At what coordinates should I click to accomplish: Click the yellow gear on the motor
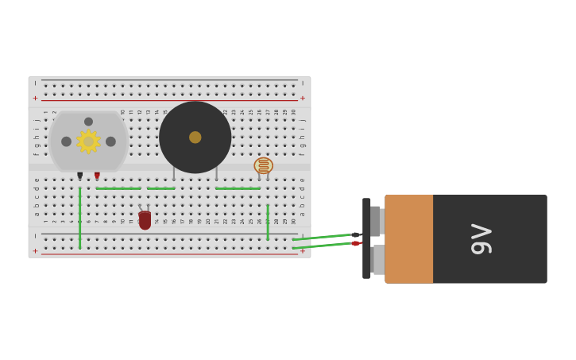click(x=88, y=141)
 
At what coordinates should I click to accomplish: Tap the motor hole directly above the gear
click(x=88, y=122)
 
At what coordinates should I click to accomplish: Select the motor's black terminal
click(x=79, y=175)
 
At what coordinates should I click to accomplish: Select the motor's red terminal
click(x=97, y=175)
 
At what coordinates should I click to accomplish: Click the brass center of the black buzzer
click(x=195, y=137)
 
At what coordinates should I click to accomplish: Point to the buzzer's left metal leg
click(x=174, y=173)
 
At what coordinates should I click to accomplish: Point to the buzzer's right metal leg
click(x=216, y=173)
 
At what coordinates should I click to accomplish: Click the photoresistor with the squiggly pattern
click(x=263, y=165)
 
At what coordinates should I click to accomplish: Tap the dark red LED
click(x=145, y=220)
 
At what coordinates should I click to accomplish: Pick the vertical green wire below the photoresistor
click(x=268, y=223)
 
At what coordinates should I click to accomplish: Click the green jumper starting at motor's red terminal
click(x=118, y=188)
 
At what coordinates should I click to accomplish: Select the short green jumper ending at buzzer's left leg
click(x=160, y=188)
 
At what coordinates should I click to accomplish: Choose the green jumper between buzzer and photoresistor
click(x=238, y=188)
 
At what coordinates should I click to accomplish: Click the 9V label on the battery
click(x=481, y=238)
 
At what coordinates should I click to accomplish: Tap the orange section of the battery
click(x=409, y=238)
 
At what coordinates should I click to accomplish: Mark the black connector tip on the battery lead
click(x=356, y=234)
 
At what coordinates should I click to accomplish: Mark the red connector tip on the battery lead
click(x=356, y=243)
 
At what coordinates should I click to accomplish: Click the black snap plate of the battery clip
click(x=366, y=238)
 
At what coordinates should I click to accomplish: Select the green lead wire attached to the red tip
click(x=322, y=246)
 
